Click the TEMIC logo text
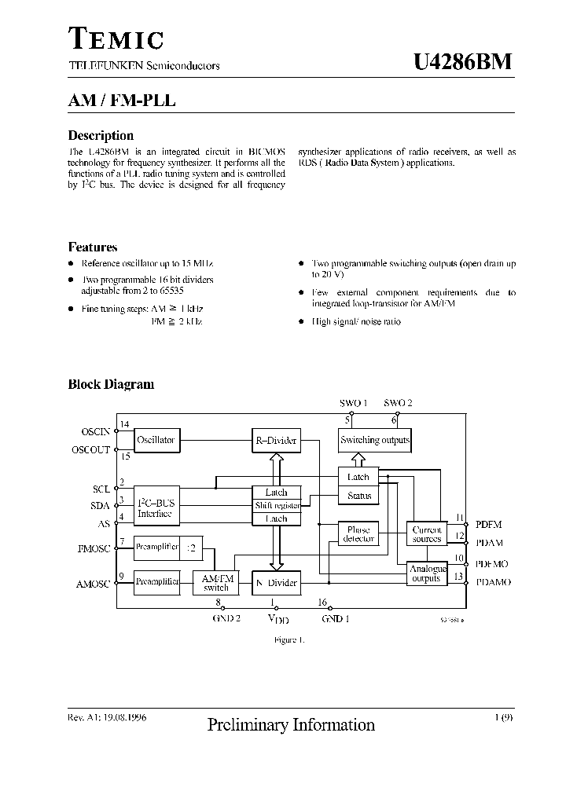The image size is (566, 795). [116, 39]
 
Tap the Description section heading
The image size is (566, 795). [101, 135]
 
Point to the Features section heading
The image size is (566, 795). [93, 247]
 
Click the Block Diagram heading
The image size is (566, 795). [111, 384]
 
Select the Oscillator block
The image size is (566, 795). [156, 440]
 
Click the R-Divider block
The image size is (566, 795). [276, 441]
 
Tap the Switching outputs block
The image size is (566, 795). [375, 440]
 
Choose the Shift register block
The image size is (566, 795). [276, 506]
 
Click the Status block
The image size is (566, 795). [358, 496]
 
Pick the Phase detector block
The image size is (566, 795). [358, 535]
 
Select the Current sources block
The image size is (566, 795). [427, 535]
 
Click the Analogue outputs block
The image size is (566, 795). [427, 573]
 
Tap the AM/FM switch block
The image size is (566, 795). [216, 582]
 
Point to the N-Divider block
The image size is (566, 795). [276, 583]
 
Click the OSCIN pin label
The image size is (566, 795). [97, 431]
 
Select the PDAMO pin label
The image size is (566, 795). [494, 582]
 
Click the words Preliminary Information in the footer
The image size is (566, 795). [291, 725]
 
